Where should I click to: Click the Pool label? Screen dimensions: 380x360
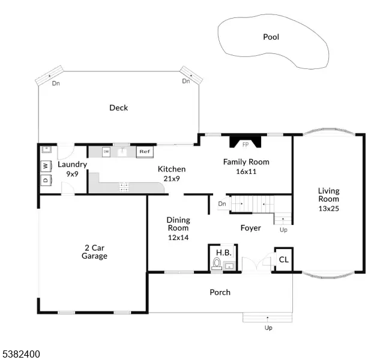click(271, 37)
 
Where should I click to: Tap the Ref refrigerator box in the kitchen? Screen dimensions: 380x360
click(145, 152)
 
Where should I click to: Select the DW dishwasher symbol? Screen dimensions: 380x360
click(106, 152)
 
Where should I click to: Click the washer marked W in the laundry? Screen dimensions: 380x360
click(46, 166)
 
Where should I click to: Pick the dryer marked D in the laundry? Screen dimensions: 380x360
click(46, 180)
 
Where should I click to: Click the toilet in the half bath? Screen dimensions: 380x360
click(217, 263)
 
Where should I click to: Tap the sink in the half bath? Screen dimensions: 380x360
click(229, 266)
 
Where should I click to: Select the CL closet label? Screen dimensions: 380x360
click(284, 260)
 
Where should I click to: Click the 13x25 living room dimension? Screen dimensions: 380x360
click(328, 209)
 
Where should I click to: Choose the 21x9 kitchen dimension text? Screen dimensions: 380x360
click(172, 179)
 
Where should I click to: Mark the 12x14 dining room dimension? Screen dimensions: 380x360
click(178, 238)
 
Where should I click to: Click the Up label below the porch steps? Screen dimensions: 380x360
click(268, 328)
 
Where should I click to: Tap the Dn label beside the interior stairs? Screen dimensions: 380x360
click(222, 204)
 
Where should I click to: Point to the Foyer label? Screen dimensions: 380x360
click(250, 228)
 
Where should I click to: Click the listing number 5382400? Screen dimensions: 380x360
click(21, 354)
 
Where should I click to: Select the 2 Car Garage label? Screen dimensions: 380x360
click(94, 252)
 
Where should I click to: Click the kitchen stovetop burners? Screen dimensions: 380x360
click(124, 187)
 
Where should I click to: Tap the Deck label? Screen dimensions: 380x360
click(118, 108)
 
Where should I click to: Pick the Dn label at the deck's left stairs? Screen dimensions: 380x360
click(56, 83)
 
